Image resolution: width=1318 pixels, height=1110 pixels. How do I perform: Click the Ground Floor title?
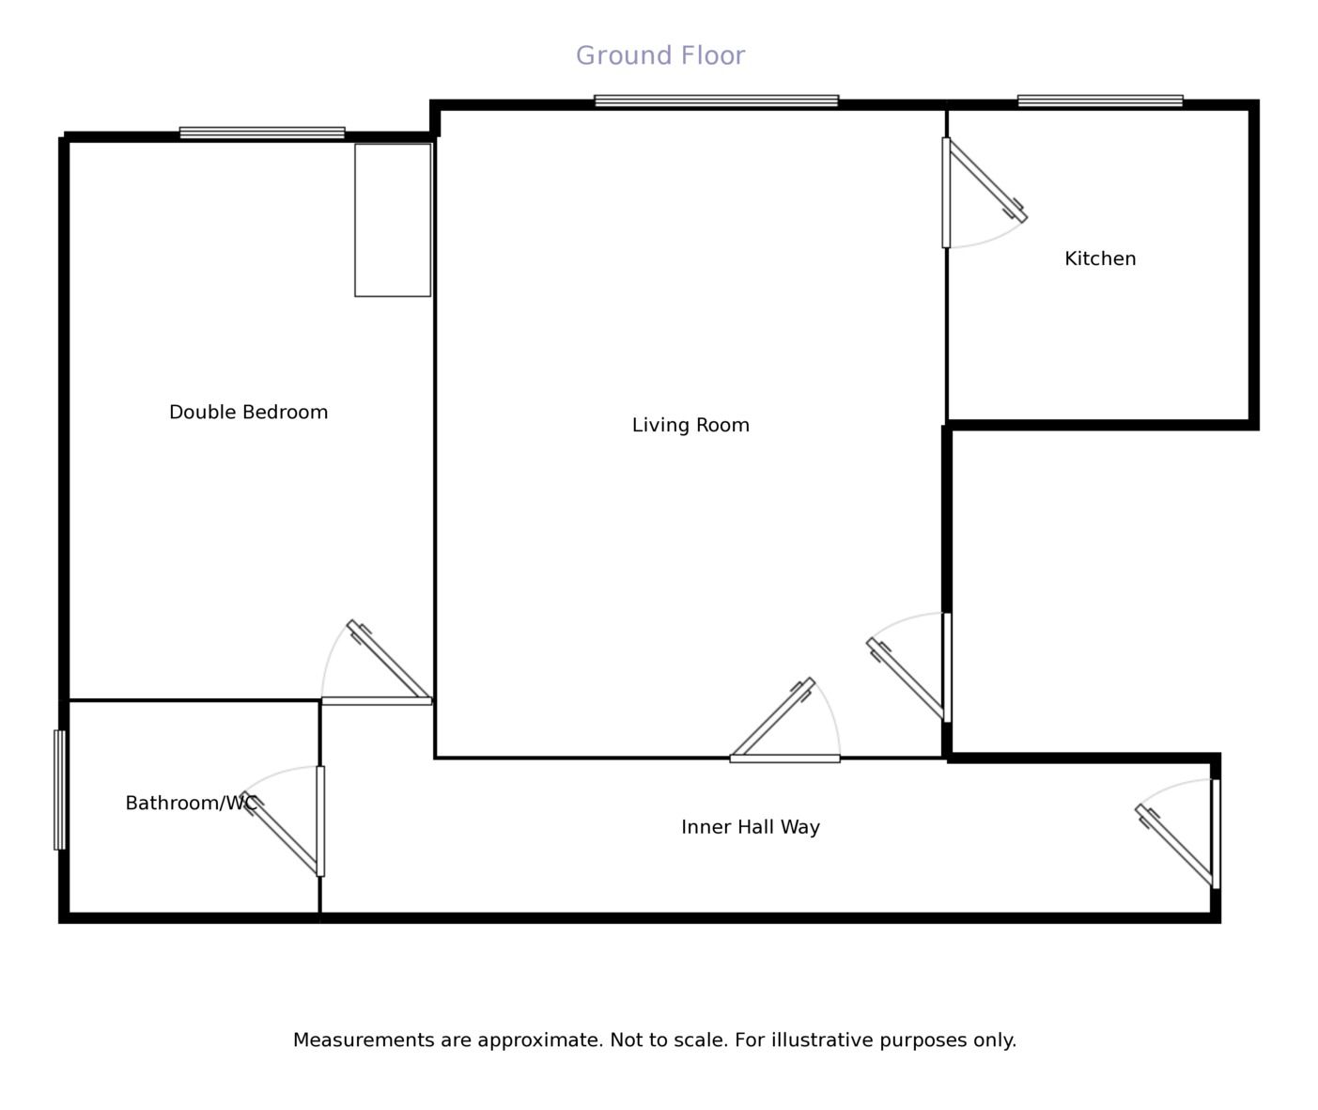pos(659,55)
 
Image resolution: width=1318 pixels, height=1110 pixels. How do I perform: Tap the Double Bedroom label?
pos(248,413)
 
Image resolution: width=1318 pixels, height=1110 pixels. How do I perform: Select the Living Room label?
pos(690,425)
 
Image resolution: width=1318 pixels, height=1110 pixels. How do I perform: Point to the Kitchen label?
pos(1100,258)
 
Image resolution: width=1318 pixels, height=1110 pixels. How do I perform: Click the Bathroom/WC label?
pos(192,803)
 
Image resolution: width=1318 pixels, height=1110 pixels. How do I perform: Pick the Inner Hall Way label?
pos(750,827)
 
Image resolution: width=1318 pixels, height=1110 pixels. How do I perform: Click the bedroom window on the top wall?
pos(262,133)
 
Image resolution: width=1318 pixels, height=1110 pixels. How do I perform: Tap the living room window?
pos(717,101)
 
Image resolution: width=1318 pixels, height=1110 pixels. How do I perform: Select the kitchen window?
pos(1100,101)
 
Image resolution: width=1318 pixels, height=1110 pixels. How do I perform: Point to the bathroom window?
pos(59,790)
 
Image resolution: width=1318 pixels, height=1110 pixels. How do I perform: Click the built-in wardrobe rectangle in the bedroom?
pos(393,220)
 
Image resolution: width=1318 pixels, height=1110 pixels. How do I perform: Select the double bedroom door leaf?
pos(388,660)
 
